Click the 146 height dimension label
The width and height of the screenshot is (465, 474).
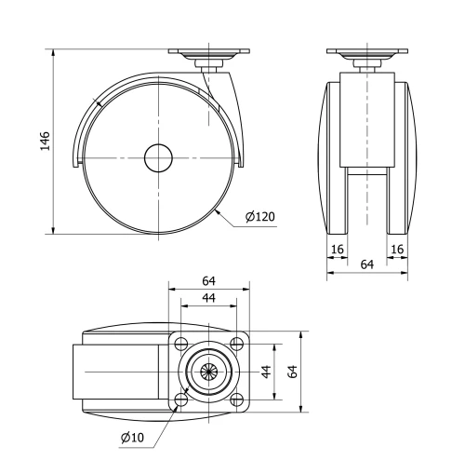[x=44, y=141]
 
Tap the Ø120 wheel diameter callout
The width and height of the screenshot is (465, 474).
[x=260, y=217]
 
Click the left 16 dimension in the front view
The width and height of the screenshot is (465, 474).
[x=336, y=250]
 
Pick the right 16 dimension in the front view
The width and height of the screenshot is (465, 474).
[x=397, y=250]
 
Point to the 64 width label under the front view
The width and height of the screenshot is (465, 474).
[x=366, y=265]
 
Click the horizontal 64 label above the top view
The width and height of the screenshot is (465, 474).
[x=209, y=281]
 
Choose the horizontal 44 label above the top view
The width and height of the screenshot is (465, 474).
[x=209, y=298]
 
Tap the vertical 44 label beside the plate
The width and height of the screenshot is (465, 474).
[x=266, y=372]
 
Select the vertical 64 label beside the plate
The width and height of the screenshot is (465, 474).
[x=293, y=372]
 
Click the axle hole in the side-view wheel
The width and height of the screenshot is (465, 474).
[x=159, y=158]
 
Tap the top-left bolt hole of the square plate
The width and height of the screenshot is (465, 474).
[x=180, y=343]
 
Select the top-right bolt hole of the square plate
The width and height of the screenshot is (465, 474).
[x=238, y=343]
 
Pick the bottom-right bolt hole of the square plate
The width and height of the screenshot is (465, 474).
[x=238, y=400]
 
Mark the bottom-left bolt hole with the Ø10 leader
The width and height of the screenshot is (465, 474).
[x=180, y=400]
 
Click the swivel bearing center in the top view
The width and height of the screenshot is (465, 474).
[x=209, y=372]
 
